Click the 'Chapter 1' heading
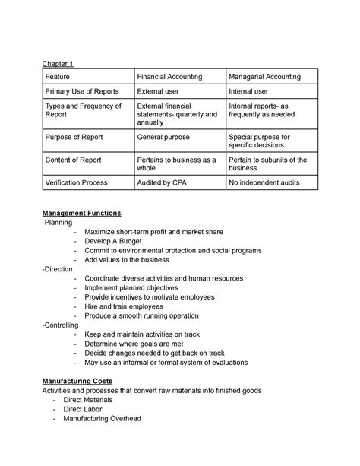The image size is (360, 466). tap(58, 64)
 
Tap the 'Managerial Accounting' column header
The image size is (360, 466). tap(264, 77)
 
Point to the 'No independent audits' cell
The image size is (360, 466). tap(264, 182)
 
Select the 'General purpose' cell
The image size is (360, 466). tap(163, 137)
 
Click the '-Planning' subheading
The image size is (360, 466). tap(58, 223)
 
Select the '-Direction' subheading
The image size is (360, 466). tap(58, 268)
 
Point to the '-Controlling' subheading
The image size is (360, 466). tap(62, 325)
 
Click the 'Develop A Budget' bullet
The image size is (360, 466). tap(118, 240)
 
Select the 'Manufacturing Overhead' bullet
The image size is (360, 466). tap(103, 418)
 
